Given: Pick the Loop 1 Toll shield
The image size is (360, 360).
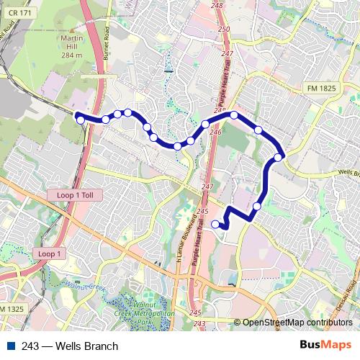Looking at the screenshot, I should pyautogui.click(x=76, y=194).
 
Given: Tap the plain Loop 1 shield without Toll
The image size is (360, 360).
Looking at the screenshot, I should pyautogui.click(x=51, y=254).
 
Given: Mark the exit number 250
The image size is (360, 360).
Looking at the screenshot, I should pyautogui.click(x=223, y=29).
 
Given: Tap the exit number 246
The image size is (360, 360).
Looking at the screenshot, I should pyautogui.click(x=215, y=132).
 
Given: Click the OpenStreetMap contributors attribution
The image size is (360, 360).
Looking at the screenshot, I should pyautogui.click(x=294, y=323).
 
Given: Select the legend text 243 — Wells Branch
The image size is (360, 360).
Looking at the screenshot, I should pyautogui.click(x=69, y=346).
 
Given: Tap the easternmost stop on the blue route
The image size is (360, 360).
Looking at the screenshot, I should pyautogui.click(x=279, y=158).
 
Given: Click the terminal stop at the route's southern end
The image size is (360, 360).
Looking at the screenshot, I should pyautogui.click(x=215, y=225).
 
